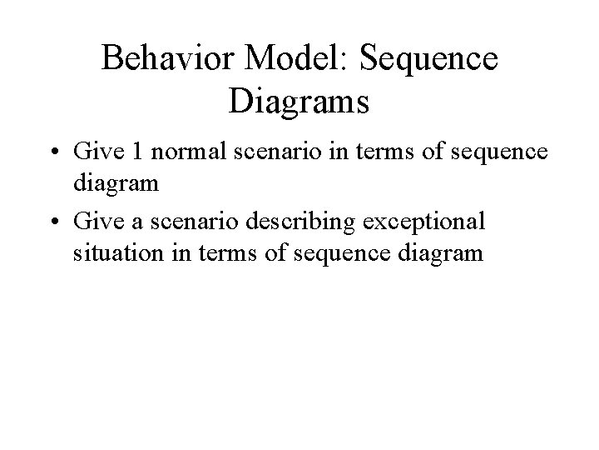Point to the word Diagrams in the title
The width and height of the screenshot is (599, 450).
coord(297,103)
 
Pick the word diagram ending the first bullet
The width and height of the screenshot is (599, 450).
coord(115,182)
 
